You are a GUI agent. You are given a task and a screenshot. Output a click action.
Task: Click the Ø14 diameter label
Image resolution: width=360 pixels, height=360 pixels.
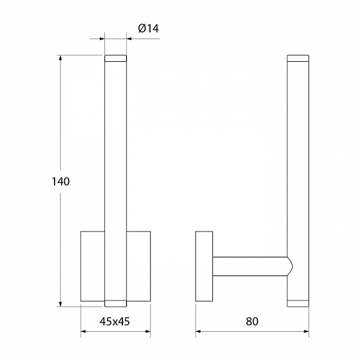click(x=148, y=29)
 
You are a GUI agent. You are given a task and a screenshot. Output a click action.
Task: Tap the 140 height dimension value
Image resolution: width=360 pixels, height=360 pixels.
click(x=61, y=181)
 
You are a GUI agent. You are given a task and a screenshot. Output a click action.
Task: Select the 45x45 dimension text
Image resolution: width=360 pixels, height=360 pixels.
click(x=115, y=322)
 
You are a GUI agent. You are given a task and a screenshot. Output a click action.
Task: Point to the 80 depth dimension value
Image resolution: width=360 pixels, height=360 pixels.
click(x=252, y=322)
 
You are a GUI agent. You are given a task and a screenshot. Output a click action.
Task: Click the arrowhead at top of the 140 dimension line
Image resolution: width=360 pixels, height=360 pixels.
click(x=61, y=58)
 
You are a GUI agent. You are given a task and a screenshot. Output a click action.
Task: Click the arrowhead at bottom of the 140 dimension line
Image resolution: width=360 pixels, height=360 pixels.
click(x=61, y=304)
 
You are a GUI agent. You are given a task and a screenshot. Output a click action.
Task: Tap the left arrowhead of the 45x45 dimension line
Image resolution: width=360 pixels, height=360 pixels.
click(x=83, y=332)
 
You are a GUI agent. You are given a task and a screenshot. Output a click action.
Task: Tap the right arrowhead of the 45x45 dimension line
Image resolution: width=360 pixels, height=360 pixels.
click(x=148, y=332)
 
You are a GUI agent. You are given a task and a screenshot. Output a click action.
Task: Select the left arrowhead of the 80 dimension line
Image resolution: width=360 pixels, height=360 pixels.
click(x=199, y=332)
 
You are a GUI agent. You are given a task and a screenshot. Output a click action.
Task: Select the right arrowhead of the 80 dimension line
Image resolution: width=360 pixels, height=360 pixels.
click(x=306, y=332)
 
